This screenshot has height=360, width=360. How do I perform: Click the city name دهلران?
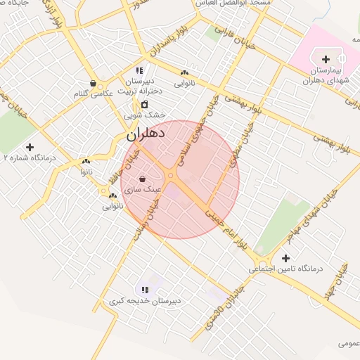click(146, 131)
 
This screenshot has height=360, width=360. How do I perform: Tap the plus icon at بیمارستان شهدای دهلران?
click(326, 59)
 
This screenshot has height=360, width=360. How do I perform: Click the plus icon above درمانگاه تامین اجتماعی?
click(285, 258)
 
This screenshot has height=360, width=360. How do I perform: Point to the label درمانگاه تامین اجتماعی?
click(285, 269)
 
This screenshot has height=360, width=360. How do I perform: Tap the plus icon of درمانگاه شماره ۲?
click(30, 147)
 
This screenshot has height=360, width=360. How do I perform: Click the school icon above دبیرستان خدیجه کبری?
click(146, 289)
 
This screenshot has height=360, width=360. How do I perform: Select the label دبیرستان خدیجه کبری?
click(145, 301)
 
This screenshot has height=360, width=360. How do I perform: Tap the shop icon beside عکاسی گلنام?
click(93, 84)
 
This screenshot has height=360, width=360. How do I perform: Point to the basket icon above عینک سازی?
click(143, 179)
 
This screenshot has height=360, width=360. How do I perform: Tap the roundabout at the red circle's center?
click(171, 176)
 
